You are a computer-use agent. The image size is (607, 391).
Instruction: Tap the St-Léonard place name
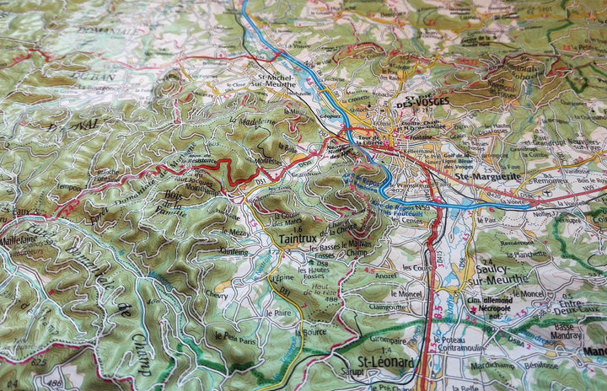[x=387, y=363]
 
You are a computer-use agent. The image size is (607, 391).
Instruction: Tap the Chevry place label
[x=216, y=295]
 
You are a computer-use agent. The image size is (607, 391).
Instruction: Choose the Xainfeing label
[x=234, y=251]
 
